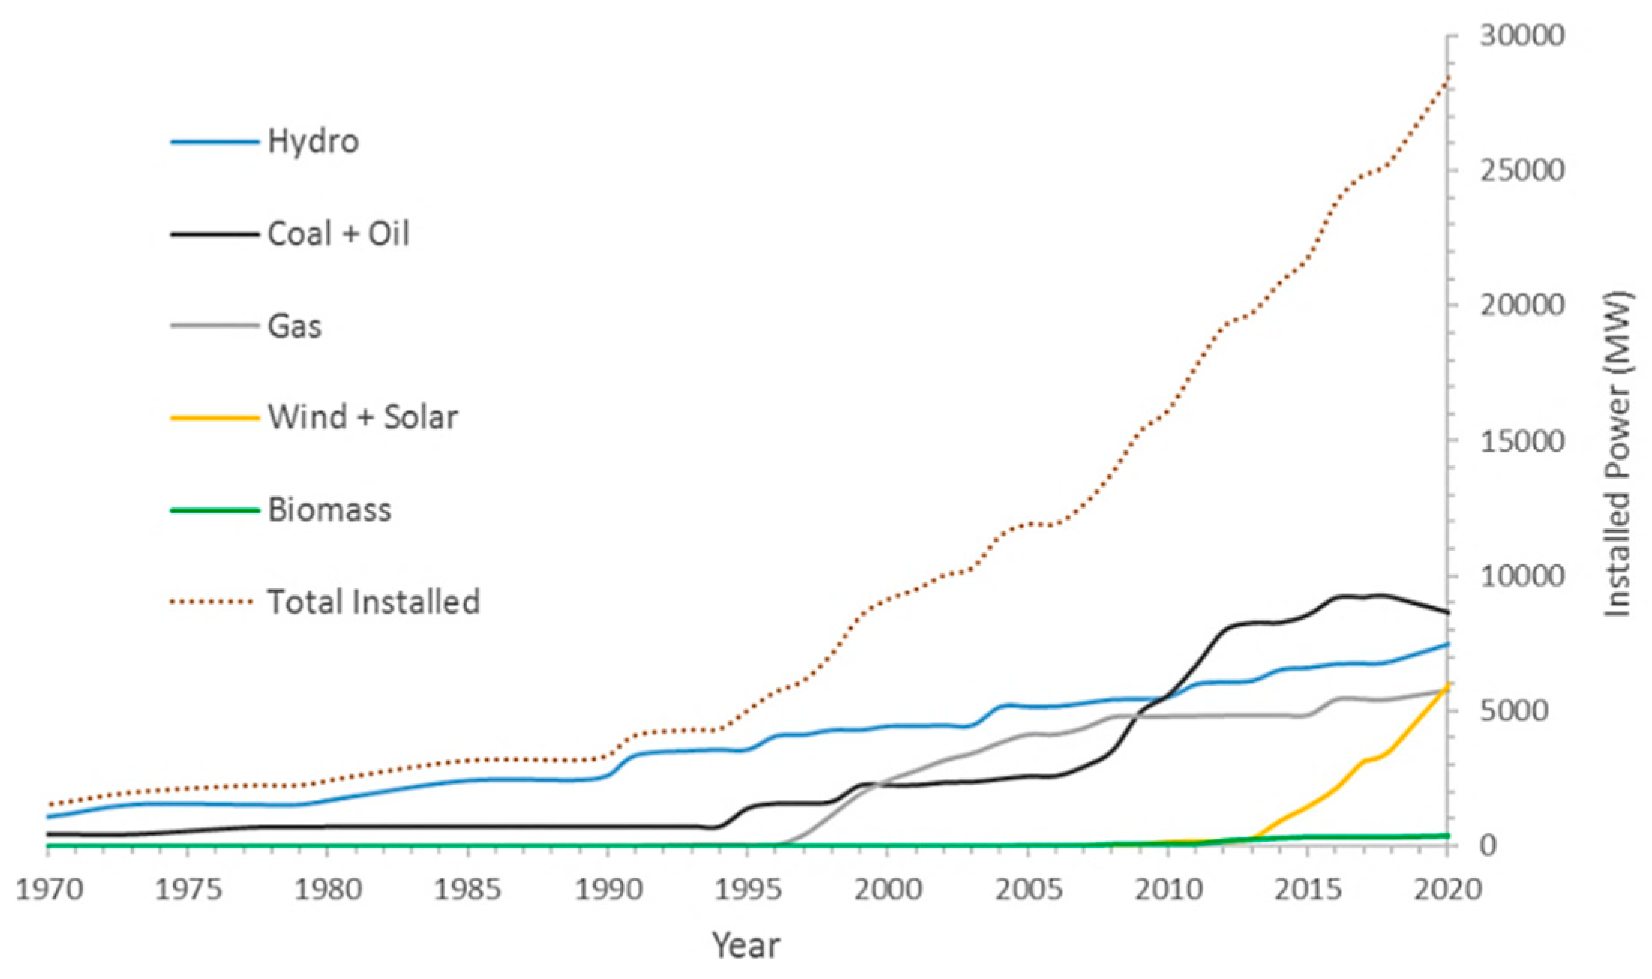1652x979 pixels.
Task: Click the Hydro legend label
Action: pos(313,141)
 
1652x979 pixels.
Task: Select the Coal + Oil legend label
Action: pos(338,233)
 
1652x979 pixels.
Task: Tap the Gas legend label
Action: pos(295,326)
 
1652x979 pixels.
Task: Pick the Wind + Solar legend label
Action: pos(363,417)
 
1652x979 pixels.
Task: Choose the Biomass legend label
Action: pos(329,509)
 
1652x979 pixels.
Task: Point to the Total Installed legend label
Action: pos(374,602)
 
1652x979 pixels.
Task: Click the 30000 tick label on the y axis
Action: pos(1522,35)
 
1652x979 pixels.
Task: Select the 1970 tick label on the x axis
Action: pos(50,890)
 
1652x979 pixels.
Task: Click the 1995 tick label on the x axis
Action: pos(747,890)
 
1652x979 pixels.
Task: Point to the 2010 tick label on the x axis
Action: pos(1167,890)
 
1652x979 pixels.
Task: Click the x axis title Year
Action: pos(746,945)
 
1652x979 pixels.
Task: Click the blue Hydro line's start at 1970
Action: pos(48,817)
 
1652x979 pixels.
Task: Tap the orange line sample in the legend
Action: pos(215,417)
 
